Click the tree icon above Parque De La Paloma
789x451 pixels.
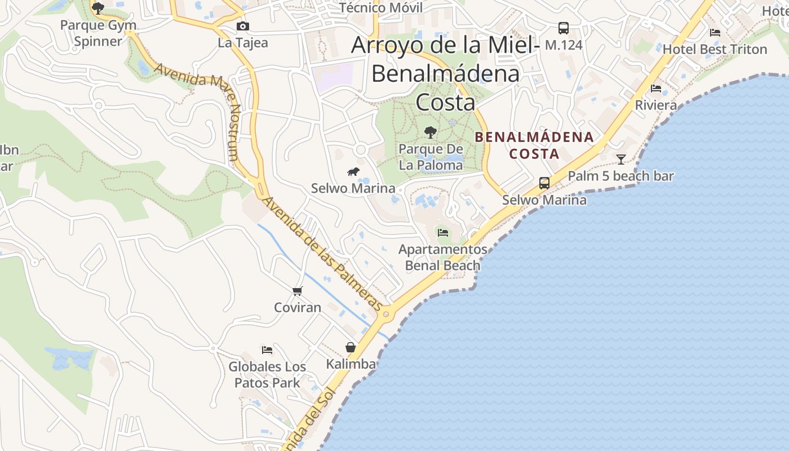click(431, 133)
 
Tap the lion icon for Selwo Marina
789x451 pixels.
click(353, 171)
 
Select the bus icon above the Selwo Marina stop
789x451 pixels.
click(544, 183)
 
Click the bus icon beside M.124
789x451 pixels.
click(563, 28)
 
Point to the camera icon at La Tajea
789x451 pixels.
click(243, 26)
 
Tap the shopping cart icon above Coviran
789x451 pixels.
click(298, 291)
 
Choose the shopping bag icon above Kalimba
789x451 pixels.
click(351, 347)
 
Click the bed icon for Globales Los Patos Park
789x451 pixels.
click(267, 350)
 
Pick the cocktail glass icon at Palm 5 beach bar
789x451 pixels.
click(620, 160)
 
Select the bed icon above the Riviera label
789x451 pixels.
click(655, 89)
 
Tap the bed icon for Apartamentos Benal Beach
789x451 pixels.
click(443, 232)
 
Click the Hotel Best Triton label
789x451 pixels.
click(715, 49)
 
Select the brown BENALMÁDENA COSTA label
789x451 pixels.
click(534, 145)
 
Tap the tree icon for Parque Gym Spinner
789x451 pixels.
click(98, 8)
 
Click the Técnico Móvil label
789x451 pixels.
click(381, 8)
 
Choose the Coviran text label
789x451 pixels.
click(298, 307)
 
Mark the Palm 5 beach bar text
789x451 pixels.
click(620, 176)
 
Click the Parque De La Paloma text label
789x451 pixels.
click(431, 157)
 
